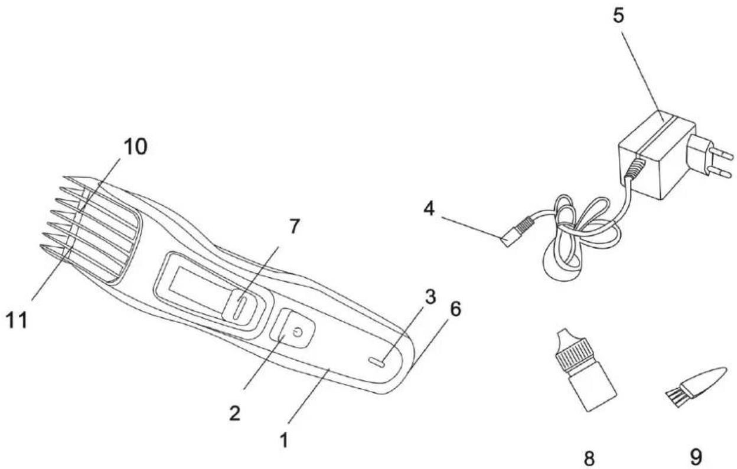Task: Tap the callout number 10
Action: [135, 146]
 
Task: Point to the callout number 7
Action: [294, 227]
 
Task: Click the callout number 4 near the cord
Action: [429, 208]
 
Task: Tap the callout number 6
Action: [455, 309]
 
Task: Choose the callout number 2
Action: [234, 413]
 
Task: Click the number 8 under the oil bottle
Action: [589, 458]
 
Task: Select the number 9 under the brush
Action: [696, 457]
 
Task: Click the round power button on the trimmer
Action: [298, 332]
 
